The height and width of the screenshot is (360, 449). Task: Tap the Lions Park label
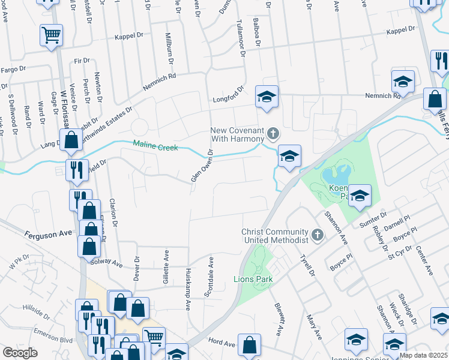pyautogui.click(x=253, y=279)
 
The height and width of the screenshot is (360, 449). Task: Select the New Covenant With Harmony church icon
pyautogui.click(x=273, y=132)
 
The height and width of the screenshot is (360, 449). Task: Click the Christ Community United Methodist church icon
pyautogui.click(x=317, y=236)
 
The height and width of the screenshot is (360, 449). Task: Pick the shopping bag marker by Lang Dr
pyautogui.click(x=71, y=140)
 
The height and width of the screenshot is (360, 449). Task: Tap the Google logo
pyautogui.click(x=20, y=353)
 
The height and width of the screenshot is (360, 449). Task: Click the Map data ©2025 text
pyautogui.click(x=423, y=355)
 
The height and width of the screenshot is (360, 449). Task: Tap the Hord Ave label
pyautogui.click(x=221, y=342)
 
